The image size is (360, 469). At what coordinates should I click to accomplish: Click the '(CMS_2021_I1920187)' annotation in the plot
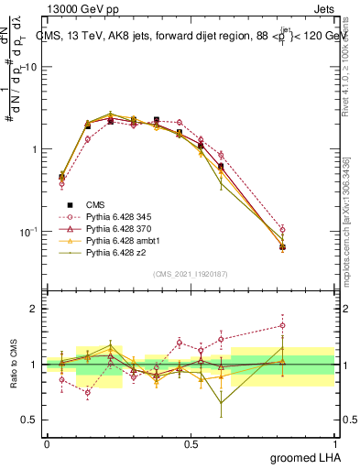click(191, 273)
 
